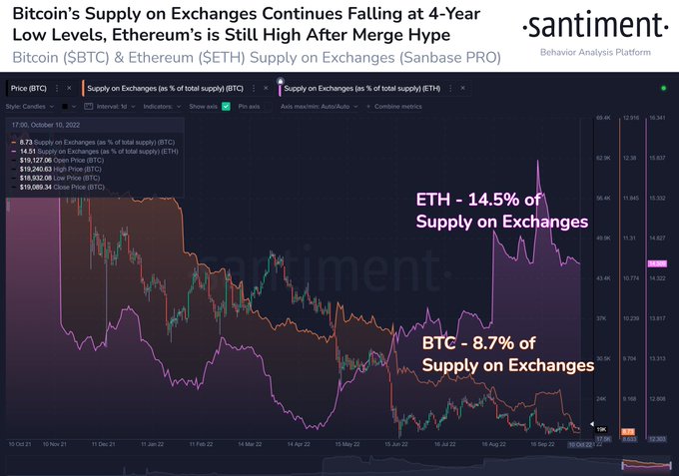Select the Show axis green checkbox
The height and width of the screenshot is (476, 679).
[226, 106]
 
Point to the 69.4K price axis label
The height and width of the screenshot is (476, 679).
[602, 119]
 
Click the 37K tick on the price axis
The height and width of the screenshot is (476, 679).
[603, 317]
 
